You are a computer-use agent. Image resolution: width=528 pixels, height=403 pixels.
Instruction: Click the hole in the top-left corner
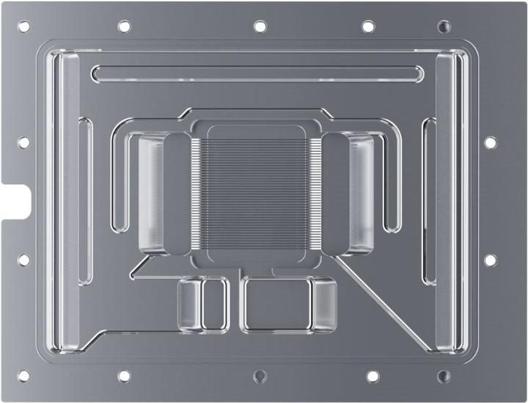(23, 26)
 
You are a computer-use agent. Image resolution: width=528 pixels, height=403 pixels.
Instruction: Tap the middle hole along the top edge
(260, 26)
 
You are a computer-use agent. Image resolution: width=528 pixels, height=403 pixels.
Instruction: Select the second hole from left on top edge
(124, 26)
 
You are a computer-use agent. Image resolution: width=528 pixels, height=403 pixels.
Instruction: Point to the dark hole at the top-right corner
(444, 26)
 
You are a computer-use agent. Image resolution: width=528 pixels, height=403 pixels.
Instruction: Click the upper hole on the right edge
(490, 142)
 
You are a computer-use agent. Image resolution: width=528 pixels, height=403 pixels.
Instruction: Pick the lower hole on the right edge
(490, 259)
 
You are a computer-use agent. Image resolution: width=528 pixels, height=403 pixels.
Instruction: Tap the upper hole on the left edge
(23, 142)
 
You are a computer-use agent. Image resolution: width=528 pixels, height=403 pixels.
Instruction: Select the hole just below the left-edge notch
(23, 259)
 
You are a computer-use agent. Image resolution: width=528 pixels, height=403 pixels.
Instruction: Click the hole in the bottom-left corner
(23, 376)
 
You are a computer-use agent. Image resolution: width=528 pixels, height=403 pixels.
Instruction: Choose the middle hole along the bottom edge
(260, 376)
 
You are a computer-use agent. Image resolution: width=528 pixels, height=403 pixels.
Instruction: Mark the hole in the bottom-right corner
(444, 376)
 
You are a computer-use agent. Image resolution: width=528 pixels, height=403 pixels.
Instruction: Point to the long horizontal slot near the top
(257, 73)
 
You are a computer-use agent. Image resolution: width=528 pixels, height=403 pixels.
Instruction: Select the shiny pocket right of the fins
(361, 192)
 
